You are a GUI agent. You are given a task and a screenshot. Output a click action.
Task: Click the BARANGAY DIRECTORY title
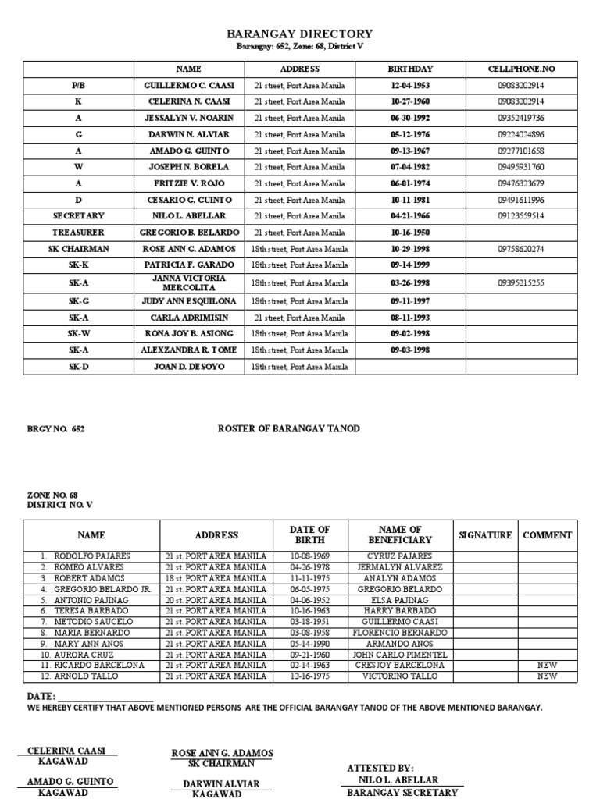pos(299,34)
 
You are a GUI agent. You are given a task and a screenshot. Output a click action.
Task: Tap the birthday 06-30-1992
pos(410,118)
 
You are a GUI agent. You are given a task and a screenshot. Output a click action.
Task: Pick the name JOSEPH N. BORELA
pos(188,167)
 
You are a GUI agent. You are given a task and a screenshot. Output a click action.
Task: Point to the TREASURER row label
pos(78,233)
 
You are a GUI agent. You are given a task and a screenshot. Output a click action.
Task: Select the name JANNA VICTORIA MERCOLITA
pos(188,282)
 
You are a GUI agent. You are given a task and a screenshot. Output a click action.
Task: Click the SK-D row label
pos(78,366)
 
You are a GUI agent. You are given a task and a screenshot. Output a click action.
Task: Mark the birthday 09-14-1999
pos(410,265)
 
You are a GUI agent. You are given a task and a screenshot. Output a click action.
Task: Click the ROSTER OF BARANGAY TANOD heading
pos(288,429)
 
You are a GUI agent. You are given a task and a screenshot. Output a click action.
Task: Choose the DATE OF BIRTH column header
pos(309,535)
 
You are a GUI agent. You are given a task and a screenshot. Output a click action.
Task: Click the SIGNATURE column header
pos(485,535)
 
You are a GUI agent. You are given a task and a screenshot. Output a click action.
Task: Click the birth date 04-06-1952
pos(309,600)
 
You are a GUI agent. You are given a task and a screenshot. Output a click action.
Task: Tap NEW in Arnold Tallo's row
pos(548,676)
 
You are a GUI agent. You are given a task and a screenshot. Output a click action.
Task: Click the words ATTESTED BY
pos(380,769)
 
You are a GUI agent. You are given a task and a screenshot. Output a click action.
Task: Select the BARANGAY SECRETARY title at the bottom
pos(402,792)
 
